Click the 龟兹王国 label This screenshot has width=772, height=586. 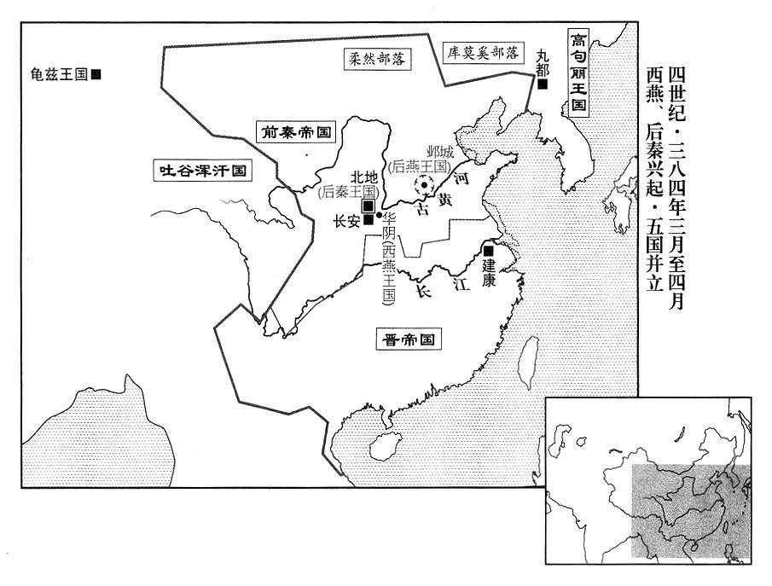click(x=59, y=74)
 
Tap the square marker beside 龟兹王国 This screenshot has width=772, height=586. click(x=96, y=74)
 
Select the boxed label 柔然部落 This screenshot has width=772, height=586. click(x=377, y=59)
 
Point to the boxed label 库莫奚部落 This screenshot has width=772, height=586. click(x=483, y=53)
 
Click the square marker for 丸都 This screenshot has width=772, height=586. click(x=543, y=84)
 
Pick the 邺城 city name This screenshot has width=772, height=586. click(x=440, y=152)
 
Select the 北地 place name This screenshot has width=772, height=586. click(x=364, y=177)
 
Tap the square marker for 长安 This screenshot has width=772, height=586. click(x=368, y=220)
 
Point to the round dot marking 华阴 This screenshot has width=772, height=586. click(x=379, y=215)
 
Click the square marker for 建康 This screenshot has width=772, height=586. click(x=489, y=250)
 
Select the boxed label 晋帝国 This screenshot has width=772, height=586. click(x=409, y=339)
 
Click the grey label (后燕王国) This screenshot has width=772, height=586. click(x=420, y=166)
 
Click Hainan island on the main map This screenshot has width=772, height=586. click(x=384, y=446)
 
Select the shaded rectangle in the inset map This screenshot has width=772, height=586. click(x=691, y=511)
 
